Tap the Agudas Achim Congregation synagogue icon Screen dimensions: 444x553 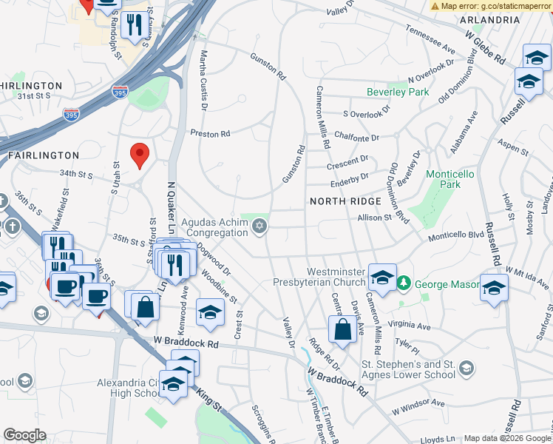click(x=259, y=227)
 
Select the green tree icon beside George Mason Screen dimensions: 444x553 click(x=403, y=283)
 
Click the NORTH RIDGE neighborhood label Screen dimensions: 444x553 click(x=345, y=201)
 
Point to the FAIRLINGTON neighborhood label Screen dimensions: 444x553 click(x=43, y=155)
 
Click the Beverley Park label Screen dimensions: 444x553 click(x=398, y=92)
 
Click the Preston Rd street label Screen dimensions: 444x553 click(x=210, y=134)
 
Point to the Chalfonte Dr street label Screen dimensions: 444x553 click(x=356, y=137)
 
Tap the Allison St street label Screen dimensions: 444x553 click(x=373, y=218)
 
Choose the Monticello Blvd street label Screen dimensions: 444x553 click(x=452, y=235)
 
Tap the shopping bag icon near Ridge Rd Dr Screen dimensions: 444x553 click(x=342, y=329)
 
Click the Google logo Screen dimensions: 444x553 click(x=24, y=435)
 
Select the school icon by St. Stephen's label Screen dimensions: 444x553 click(x=466, y=368)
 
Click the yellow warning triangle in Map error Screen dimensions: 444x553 click(x=435, y=5)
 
